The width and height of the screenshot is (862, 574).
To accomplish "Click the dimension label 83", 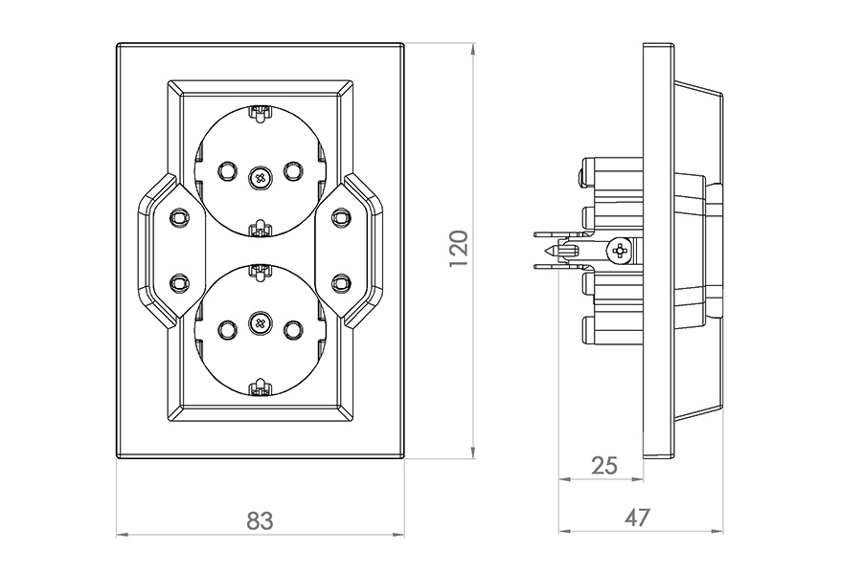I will coord(260,520).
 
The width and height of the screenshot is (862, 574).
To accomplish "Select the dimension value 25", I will coord(604,466).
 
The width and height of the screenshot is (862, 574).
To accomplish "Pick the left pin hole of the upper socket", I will coord(227,171).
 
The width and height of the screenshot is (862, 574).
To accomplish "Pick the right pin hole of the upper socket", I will coord(293,171).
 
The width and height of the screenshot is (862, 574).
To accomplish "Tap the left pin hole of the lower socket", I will coord(227,329).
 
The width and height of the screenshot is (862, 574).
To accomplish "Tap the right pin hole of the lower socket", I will coord(293,329).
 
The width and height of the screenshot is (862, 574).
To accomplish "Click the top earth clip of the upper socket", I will coord(260,115).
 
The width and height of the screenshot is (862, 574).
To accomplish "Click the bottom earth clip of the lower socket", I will coord(260,387).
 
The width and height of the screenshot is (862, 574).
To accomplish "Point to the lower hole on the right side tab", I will coord(341,282).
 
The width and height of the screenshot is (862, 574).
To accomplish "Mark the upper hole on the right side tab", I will coord(341,219).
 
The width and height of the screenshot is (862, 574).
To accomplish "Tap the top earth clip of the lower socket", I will coord(260,271).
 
